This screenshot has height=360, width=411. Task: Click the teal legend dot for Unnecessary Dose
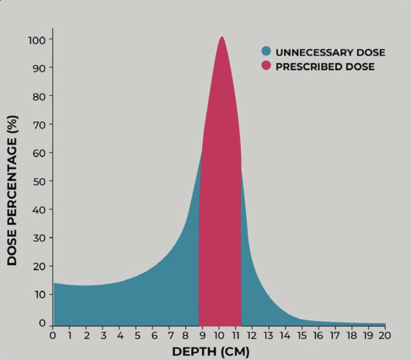266,52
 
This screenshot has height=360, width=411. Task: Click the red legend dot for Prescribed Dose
266,66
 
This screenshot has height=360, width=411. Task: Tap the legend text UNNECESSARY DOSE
330,52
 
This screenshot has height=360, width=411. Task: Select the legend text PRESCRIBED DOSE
325,67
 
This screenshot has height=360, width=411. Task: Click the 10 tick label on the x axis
219,336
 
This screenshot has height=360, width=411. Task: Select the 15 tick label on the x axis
302,336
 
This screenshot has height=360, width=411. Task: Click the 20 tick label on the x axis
385,336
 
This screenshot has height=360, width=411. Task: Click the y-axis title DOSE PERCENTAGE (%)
13,190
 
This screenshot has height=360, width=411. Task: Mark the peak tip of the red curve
222,37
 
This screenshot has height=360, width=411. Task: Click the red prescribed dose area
220,195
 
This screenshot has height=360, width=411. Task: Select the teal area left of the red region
146,297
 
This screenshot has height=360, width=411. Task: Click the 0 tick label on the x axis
53,336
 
